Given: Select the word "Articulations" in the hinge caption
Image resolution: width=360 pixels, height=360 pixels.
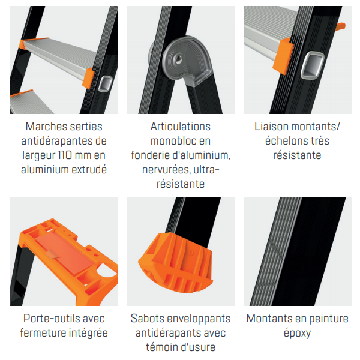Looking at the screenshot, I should point(181,127).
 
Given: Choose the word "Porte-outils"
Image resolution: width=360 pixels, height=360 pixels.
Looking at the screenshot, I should point(50,319).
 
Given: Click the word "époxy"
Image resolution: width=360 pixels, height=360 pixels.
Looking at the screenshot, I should point(297,333).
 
